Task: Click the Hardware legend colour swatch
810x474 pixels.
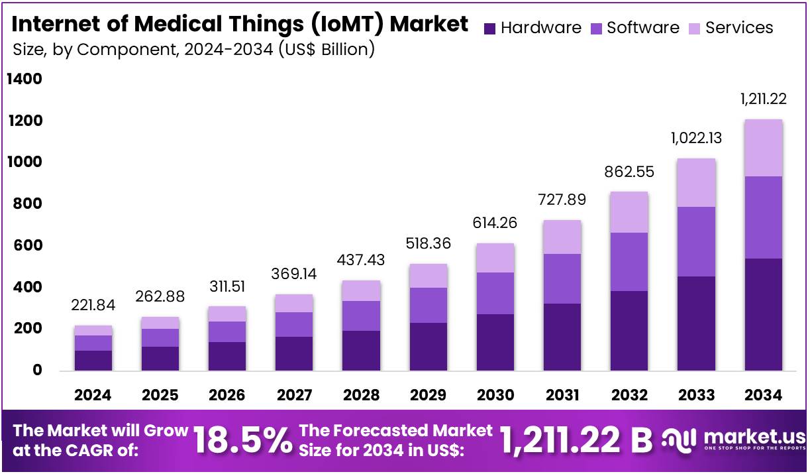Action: coord(490,29)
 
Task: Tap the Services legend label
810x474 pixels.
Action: coord(739,28)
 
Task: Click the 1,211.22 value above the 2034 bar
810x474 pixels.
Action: coord(763,99)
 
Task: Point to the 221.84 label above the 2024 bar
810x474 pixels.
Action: coord(93,305)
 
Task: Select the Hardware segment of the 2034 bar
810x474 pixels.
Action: coord(763,314)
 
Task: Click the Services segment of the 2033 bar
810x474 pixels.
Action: coord(696,183)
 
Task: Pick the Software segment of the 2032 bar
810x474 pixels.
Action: coord(629,262)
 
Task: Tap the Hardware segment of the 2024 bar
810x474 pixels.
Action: coord(93,360)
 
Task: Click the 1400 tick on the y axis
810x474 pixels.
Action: coord(25,80)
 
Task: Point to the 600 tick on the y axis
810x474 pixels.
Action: coord(28,245)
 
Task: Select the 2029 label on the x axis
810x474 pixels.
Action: coord(428,395)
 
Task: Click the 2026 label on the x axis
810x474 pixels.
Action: coord(227,395)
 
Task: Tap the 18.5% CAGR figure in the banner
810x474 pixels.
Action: coord(242,440)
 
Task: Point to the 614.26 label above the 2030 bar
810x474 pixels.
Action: coord(495,223)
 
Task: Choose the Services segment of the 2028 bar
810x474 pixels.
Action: coord(362,291)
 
